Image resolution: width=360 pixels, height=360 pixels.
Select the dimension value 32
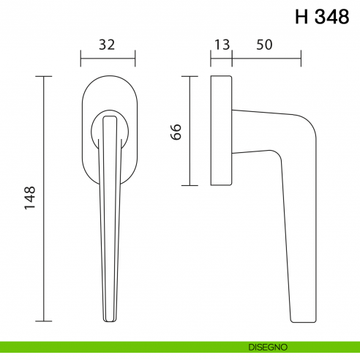pyautogui.click(x=107, y=45)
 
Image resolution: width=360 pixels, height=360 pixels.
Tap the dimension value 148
pyautogui.click(x=30, y=198)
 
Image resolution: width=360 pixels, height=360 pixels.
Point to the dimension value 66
pyautogui.click(x=175, y=131)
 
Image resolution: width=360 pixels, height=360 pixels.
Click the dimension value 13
pyautogui.click(x=221, y=45)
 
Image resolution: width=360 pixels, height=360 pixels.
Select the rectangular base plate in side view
pyautogui.click(x=222, y=130)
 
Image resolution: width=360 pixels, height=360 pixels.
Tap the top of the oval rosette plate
pyautogui.click(x=108, y=76)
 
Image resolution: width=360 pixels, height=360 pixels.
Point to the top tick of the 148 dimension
pyautogui.click(x=45, y=76)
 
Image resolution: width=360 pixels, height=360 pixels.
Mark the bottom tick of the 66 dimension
pyautogui.click(x=190, y=185)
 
